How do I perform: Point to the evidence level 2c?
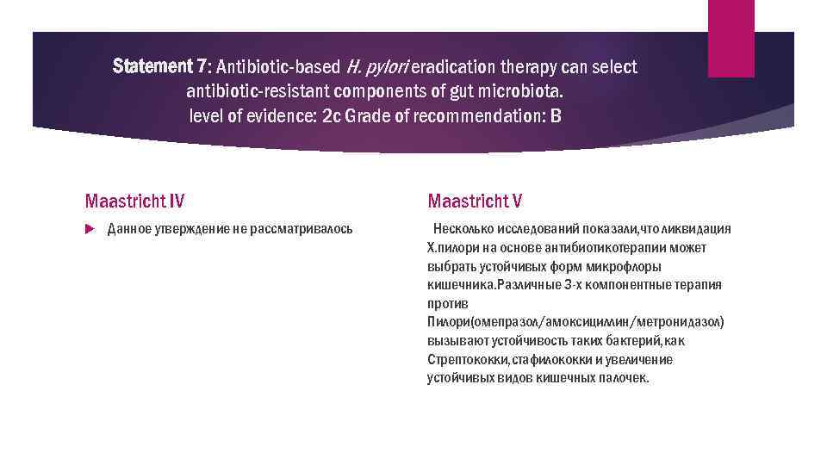332,115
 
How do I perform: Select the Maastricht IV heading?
134,201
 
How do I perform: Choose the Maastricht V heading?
475,201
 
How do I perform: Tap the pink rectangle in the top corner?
731,38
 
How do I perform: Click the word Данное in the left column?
129,229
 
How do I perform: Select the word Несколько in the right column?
466,229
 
